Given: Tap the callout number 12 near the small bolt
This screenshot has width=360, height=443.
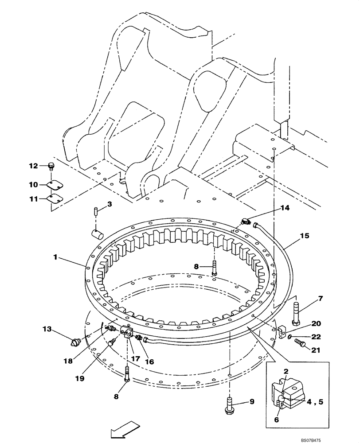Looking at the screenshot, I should coord(34,166).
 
